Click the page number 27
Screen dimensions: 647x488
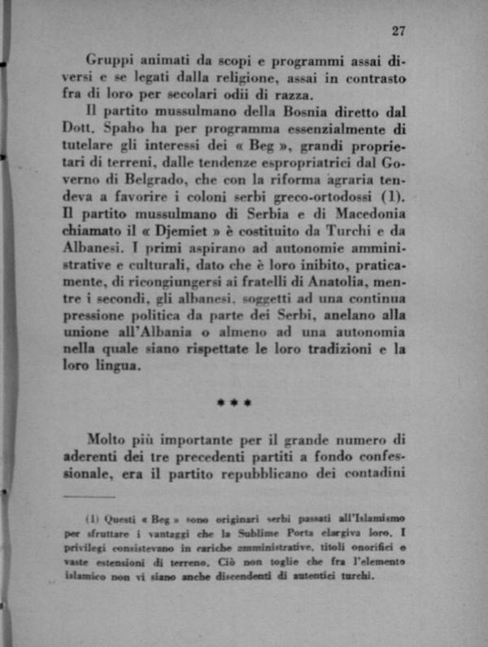398,31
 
